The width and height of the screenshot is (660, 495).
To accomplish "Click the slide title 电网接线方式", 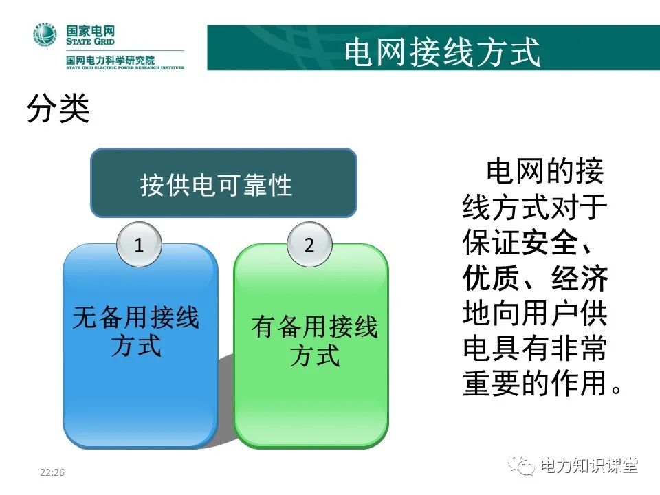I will click(x=442, y=52).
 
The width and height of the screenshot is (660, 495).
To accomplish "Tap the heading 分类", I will click(x=58, y=109).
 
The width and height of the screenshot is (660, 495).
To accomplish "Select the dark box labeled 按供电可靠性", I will click(x=223, y=184).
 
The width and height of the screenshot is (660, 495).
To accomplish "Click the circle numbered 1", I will click(x=140, y=245).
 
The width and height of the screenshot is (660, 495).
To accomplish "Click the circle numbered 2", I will click(x=309, y=245).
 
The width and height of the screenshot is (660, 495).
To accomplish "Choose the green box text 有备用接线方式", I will click(x=314, y=341).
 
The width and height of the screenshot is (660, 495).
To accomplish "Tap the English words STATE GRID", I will click(x=90, y=41).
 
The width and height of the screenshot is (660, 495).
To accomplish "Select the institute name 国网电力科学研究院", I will click(x=110, y=60).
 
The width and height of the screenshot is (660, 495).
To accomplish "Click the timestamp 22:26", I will click(x=52, y=473).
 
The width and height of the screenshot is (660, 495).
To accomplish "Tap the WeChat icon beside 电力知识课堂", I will click(x=522, y=467).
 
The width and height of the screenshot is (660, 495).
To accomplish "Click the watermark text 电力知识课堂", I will click(x=589, y=466).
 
